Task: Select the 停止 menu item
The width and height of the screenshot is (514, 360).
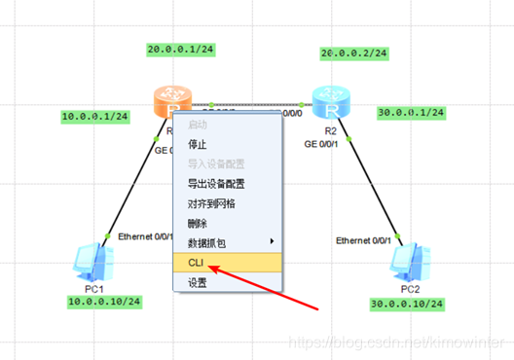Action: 197,143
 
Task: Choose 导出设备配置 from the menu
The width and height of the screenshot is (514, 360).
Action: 215,183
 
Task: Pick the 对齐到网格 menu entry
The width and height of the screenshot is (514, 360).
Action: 211,203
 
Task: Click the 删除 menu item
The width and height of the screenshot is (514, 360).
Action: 197,223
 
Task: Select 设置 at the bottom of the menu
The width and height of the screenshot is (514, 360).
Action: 197,282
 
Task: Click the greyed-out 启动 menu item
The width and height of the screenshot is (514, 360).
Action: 197,125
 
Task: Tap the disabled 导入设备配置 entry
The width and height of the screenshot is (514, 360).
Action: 215,162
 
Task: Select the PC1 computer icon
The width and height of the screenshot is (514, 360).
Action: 94,261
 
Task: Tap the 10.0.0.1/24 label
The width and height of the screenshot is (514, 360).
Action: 94,116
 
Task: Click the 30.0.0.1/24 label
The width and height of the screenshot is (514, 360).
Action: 411,113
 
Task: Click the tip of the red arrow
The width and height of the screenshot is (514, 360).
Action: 210,266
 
